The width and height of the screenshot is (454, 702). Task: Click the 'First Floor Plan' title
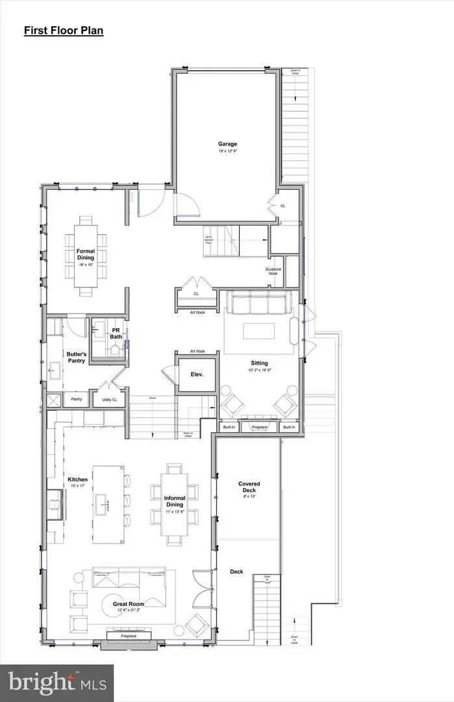pos(64,31)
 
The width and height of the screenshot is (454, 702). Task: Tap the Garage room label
pos(227,144)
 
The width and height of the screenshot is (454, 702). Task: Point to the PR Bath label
pos(116,333)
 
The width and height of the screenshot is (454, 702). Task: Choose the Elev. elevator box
pos(197,374)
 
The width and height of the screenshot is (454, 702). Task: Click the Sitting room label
pos(260,363)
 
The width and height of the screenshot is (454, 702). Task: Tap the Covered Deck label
pos(249,487)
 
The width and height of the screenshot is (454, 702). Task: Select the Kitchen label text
pos(78,480)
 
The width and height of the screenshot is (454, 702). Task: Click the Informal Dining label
pos(175,501)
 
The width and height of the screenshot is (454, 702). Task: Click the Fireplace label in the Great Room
pos(129,636)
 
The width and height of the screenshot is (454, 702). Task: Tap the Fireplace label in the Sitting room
pos(259,427)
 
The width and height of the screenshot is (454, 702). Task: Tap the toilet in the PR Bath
pos(115,351)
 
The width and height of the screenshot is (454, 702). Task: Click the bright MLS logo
pos(57,682)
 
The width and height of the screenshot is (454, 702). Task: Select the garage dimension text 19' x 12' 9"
pos(227,151)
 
